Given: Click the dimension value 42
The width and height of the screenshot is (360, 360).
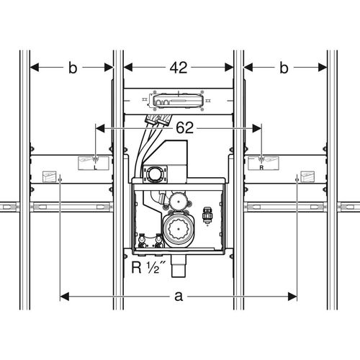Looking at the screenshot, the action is [x=179, y=68].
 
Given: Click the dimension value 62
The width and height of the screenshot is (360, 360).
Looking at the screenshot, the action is [x=184, y=127].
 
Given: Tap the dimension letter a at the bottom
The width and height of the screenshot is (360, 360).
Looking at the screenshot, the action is [x=179, y=297].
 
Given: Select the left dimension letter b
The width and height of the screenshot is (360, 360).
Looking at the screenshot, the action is [x=73, y=68].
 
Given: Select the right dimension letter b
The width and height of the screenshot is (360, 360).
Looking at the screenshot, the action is [x=284, y=68].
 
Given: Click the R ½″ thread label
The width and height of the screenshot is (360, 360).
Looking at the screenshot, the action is [x=149, y=267].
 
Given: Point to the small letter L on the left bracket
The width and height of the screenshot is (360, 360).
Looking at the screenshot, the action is [x=95, y=167].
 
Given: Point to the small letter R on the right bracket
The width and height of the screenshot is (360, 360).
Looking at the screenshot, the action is [x=261, y=168].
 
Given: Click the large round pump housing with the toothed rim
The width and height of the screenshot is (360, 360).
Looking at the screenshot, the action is [x=179, y=228].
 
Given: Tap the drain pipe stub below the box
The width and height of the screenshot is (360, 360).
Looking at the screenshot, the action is [x=179, y=266].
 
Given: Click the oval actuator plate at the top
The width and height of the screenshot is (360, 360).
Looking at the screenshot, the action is [x=179, y=101].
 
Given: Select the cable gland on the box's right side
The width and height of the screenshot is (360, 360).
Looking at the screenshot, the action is [x=207, y=215].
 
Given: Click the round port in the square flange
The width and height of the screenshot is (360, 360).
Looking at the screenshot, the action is [x=155, y=174].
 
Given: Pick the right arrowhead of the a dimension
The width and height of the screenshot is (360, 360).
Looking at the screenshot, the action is [x=292, y=297].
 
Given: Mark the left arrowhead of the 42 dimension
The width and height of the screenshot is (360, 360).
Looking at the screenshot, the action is [x=128, y=68].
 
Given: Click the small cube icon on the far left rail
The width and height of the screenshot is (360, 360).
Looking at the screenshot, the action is [x=49, y=177].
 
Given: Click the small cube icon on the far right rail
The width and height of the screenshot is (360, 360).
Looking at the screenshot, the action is [x=307, y=177].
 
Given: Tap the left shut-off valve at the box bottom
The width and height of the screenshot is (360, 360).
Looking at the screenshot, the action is [x=142, y=240].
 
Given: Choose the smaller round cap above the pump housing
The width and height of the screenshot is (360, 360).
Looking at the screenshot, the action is [x=178, y=199].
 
